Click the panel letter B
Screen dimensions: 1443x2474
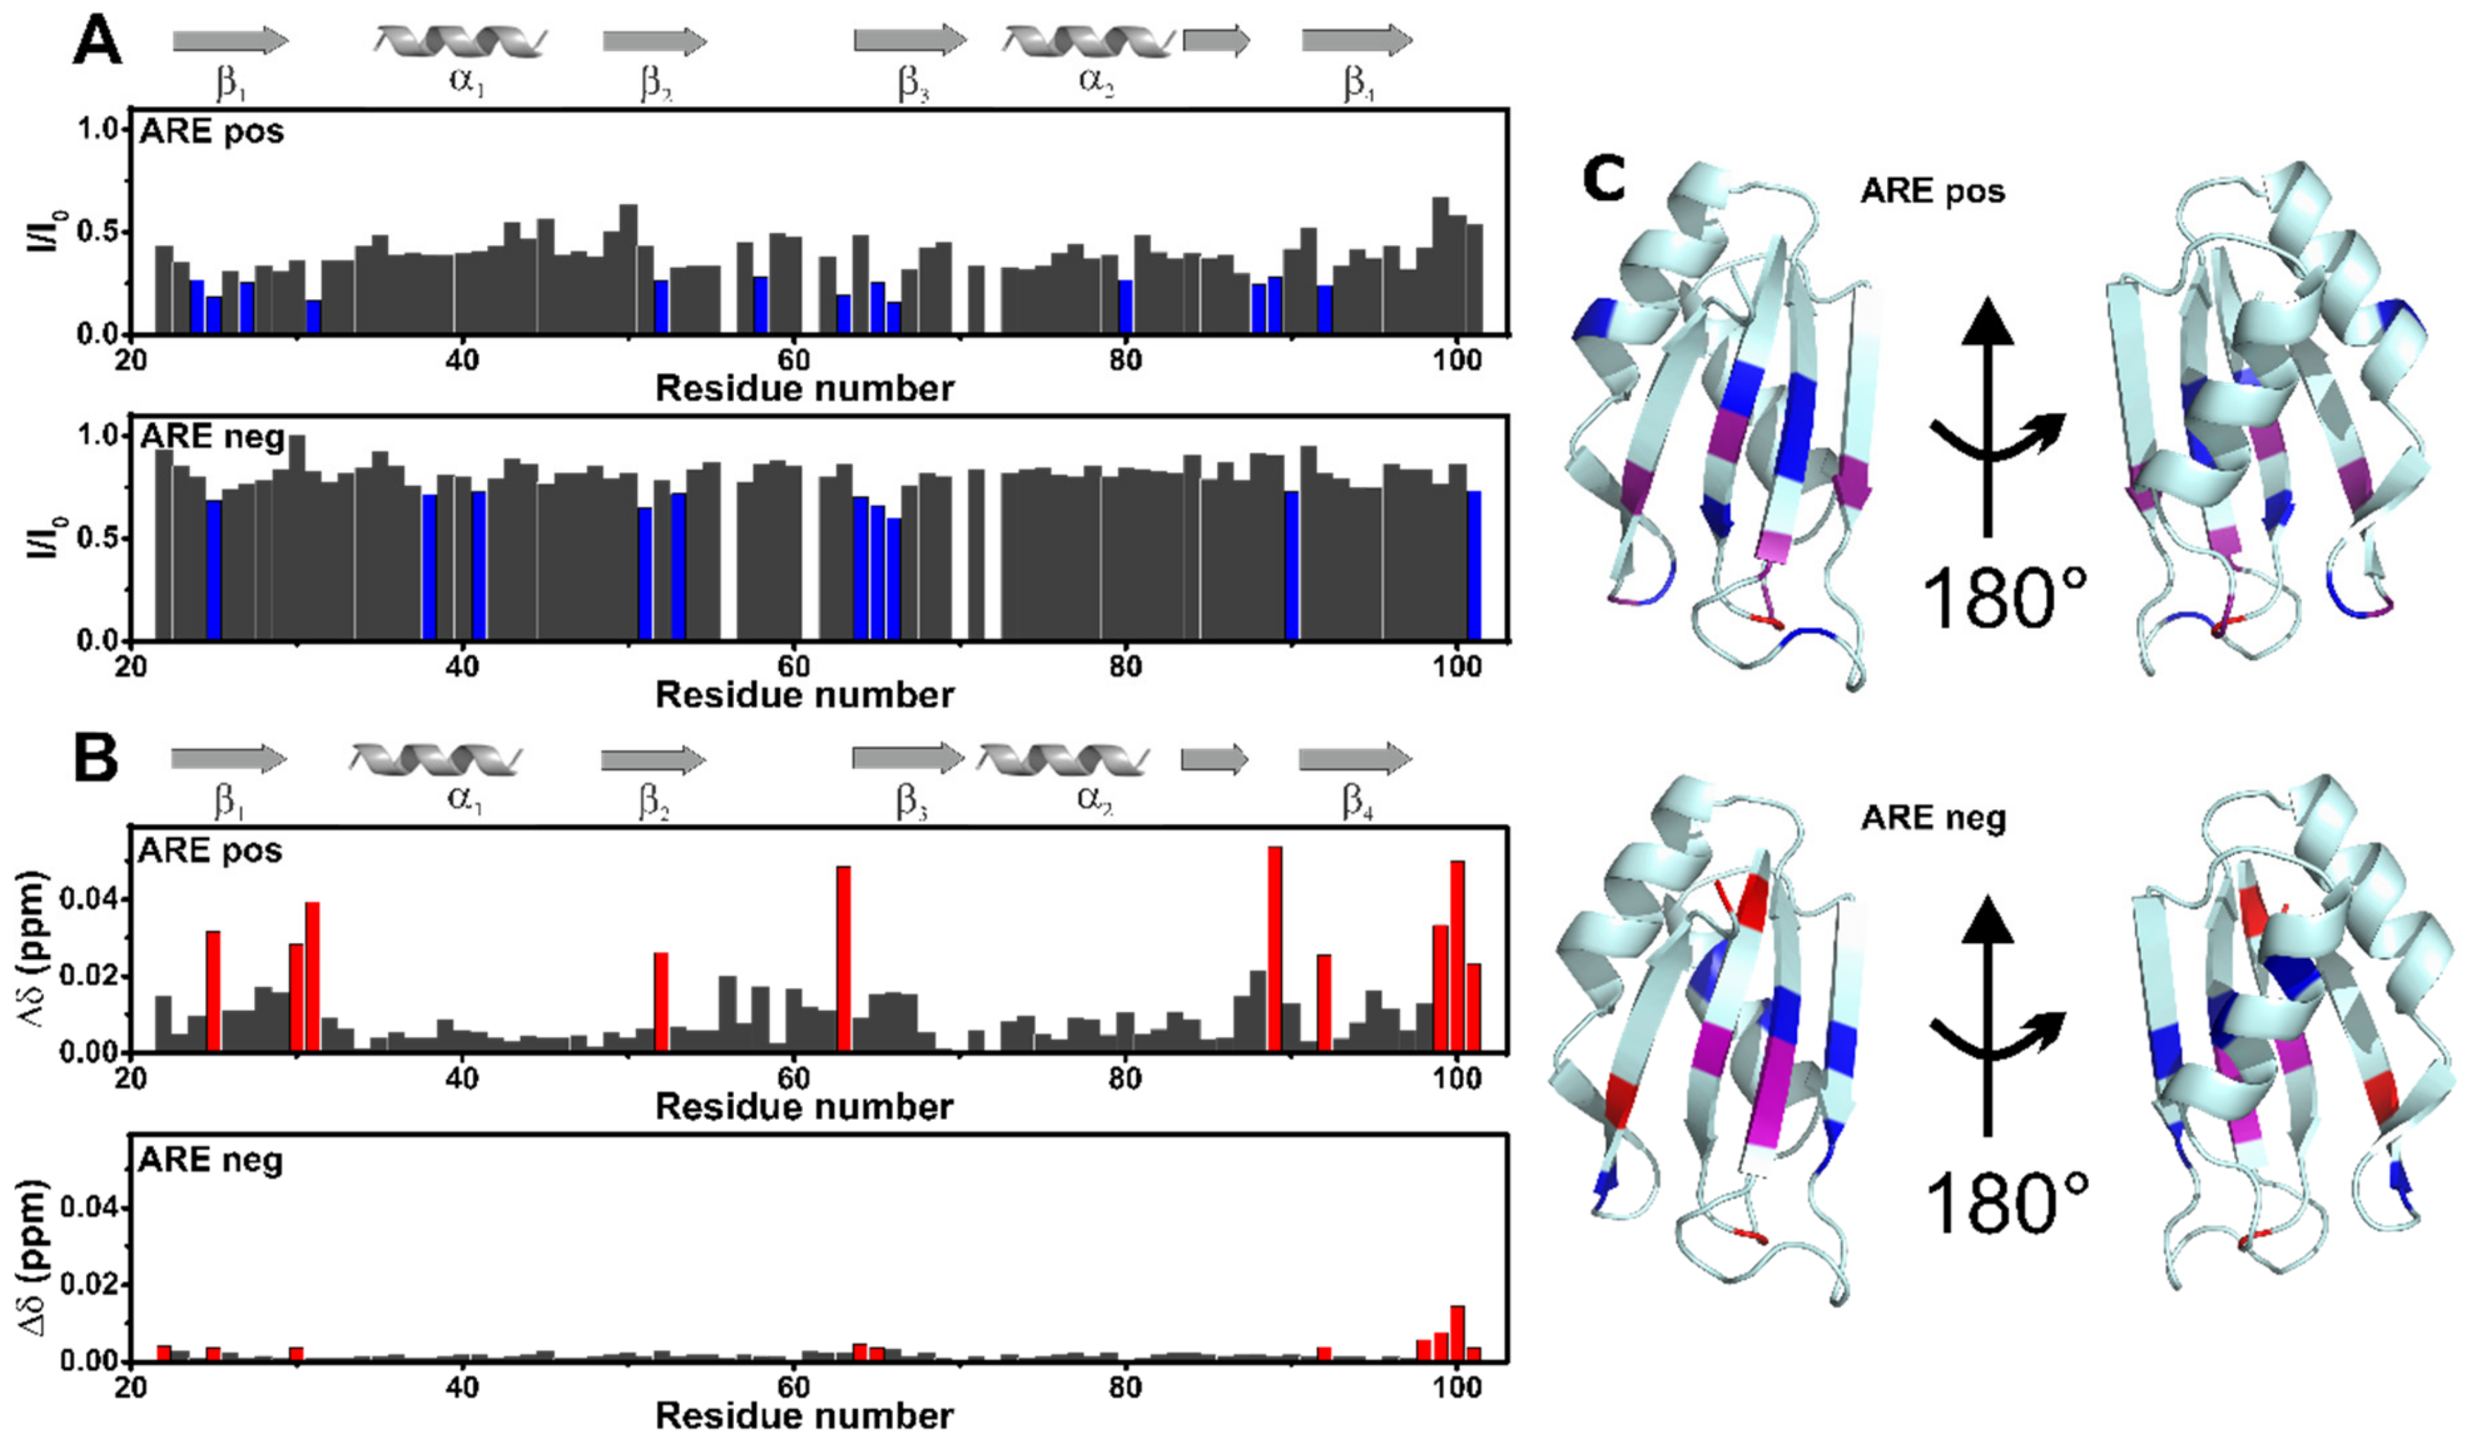click(95, 759)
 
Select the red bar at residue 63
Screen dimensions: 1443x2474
click(843, 958)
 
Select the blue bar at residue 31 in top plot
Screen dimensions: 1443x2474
click(313, 316)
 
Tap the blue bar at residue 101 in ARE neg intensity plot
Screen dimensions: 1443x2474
click(1474, 566)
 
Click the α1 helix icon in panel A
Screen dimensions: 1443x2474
click(460, 42)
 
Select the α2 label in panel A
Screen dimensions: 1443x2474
click(1096, 80)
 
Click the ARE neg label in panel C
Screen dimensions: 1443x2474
click(1933, 818)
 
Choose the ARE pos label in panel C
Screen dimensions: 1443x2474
click(1932, 191)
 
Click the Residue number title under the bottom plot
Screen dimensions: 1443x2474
click(804, 1416)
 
